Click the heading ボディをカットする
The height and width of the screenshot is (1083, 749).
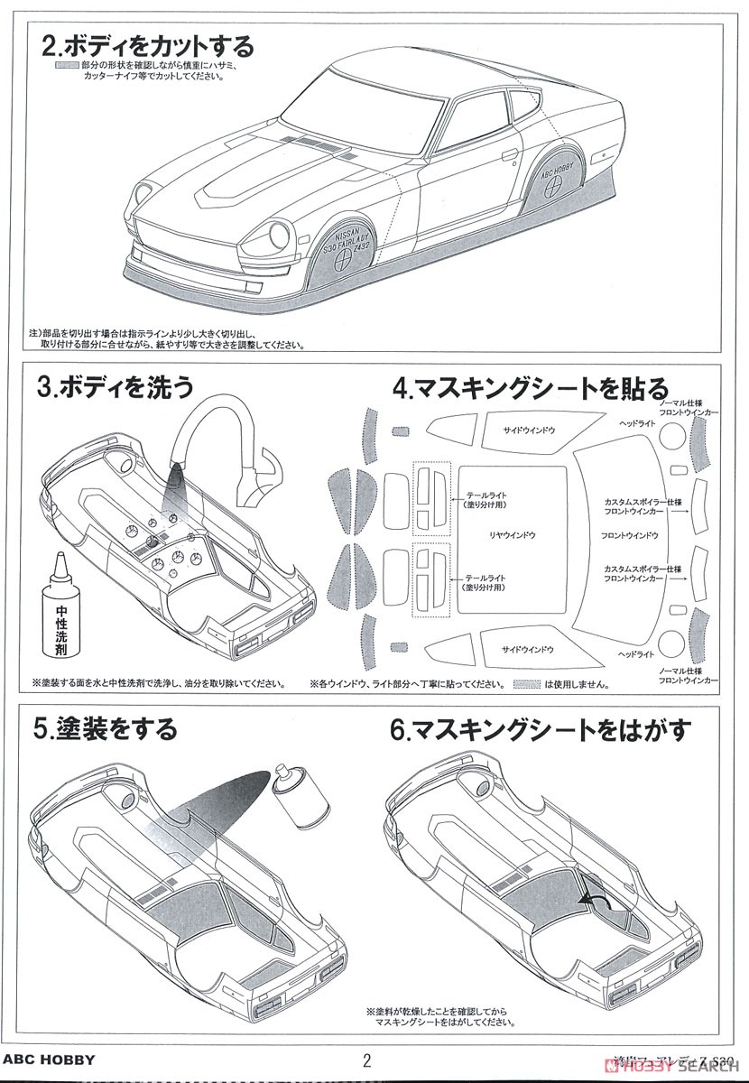tap(149, 45)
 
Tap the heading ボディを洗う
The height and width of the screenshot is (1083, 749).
tap(116, 387)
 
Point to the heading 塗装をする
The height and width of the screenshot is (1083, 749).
tap(106, 728)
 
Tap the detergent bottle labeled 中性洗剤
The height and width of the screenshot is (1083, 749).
tap(60, 614)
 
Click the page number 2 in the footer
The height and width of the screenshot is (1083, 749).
tap(366, 1060)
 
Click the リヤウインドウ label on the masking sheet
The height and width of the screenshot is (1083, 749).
tap(512, 535)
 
